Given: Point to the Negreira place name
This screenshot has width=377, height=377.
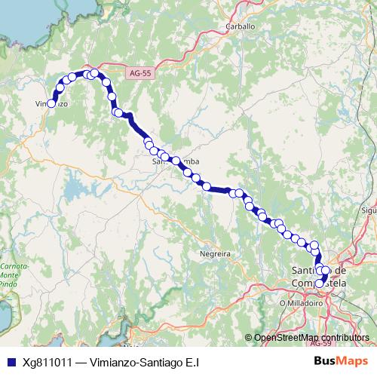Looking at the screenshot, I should (213, 254).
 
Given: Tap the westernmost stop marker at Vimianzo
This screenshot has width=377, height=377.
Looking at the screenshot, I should (52, 104).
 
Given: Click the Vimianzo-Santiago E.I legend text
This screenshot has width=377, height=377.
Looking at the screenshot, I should (144, 361).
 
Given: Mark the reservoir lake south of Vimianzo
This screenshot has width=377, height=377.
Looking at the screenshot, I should (76, 185).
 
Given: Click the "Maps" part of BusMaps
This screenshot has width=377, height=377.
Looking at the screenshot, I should (352, 361).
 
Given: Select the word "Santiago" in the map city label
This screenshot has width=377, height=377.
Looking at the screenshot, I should (305, 271).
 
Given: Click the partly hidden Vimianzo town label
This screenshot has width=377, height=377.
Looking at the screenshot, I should (47, 104).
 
